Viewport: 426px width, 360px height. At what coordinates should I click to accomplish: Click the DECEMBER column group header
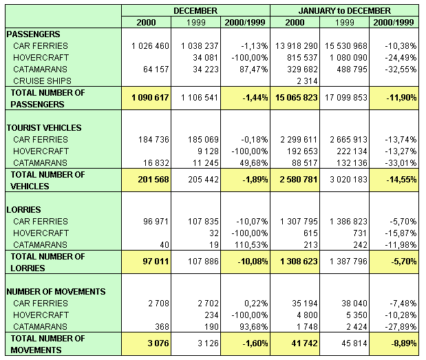[195, 10]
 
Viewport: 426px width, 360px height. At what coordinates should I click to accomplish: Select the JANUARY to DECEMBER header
[345, 10]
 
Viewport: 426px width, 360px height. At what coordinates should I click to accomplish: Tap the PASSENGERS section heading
[34, 34]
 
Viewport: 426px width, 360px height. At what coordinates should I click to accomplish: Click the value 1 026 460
[150, 45]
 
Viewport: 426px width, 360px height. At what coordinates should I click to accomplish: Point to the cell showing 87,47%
[253, 70]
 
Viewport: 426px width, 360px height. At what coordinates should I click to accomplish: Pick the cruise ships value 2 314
[307, 81]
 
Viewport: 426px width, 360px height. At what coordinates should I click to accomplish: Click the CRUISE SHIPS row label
[42, 81]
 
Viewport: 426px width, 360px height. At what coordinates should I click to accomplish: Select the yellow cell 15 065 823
[297, 97]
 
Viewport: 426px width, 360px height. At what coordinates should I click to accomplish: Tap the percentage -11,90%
[401, 97]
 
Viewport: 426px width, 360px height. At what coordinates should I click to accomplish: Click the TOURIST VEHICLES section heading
[44, 128]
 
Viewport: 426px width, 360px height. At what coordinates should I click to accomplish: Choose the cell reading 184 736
[153, 139]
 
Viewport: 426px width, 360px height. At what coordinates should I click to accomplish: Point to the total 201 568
[153, 180]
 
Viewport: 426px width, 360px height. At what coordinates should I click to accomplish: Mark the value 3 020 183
[348, 180]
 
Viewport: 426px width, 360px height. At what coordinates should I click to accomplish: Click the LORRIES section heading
[23, 210]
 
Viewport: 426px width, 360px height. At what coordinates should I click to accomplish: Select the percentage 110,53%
[251, 245]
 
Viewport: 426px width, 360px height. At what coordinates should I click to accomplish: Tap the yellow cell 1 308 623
[299, 262]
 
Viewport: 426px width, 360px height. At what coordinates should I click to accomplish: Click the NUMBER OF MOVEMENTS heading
[56, 292]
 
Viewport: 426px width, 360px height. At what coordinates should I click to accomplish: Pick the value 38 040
[354, 304]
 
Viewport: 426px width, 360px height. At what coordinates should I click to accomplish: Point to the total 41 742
[304, 343]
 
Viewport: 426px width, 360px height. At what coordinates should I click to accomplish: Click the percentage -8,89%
[404, 343]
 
